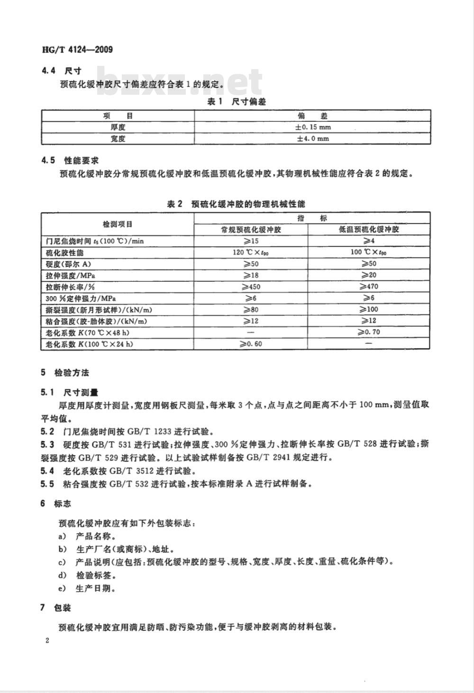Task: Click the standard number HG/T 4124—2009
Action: click(78, 49)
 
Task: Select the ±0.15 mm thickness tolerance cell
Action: click(313, 127)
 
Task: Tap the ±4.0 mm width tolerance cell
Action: click(313, 139)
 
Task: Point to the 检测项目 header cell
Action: click(118, 224)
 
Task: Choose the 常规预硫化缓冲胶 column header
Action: click(251, 229)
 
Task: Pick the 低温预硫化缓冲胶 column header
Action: click(369, 229)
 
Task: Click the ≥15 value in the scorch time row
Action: click(251, 241)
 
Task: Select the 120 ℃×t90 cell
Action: click(251, 252)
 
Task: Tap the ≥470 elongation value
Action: click(369, 287)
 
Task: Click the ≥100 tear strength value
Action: click(369, 309)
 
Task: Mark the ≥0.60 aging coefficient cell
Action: click(251, 343)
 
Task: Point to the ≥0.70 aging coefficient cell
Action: click(369, 332)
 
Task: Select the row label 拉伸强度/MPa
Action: click(69, 275)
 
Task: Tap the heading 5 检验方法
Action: click(65, 373)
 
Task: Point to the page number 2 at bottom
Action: click(47, 641)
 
